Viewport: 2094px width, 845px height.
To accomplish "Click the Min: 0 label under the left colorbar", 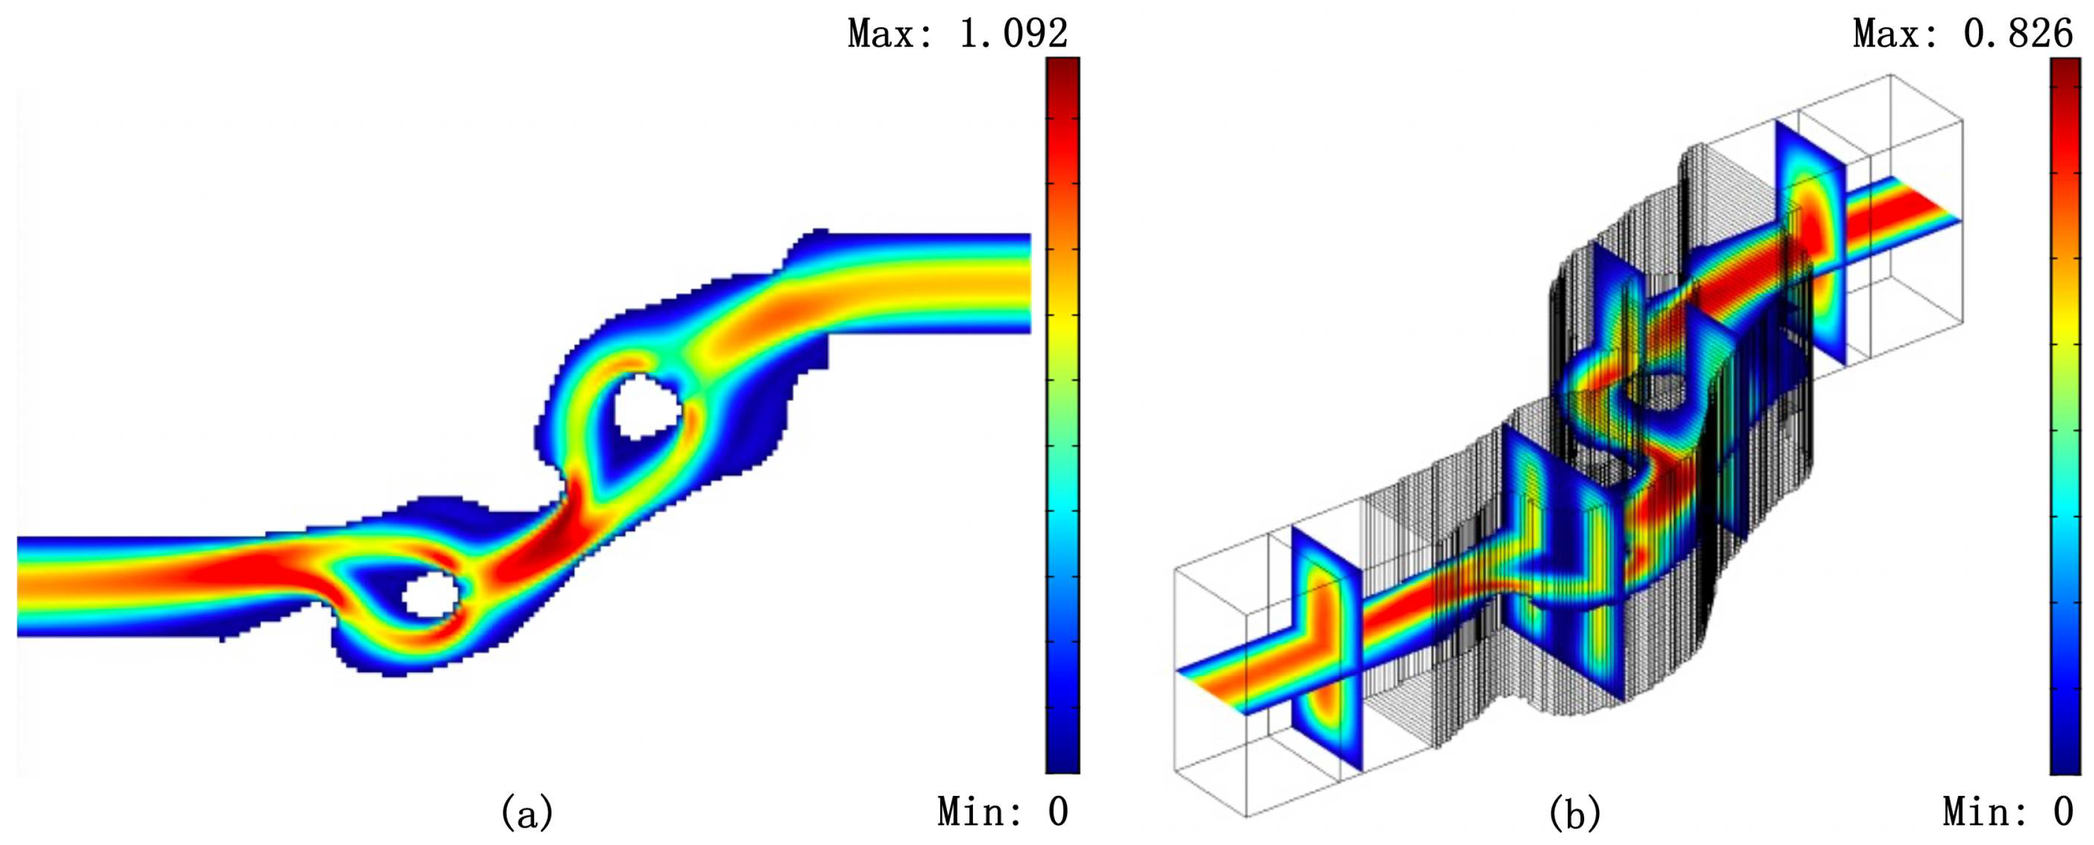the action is click(x=1002, y=811).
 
